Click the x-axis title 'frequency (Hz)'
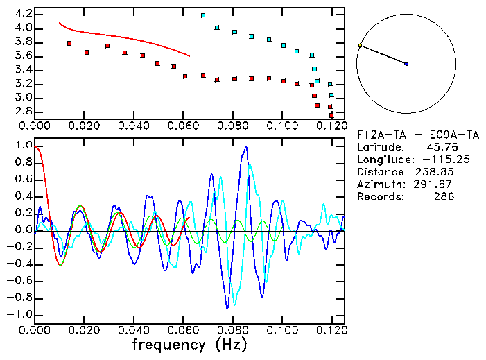(189, 344)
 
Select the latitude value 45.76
(439, 147)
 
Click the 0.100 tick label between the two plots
(282, 126)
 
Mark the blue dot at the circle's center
(406, 64)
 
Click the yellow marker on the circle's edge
(360, 46)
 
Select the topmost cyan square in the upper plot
(203, 15)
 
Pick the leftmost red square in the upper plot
(69, 43)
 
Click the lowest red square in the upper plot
(331, 114)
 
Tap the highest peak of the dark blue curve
(245, 147)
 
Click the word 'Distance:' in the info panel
(379, 172)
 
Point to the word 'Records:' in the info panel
(379, 197)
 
